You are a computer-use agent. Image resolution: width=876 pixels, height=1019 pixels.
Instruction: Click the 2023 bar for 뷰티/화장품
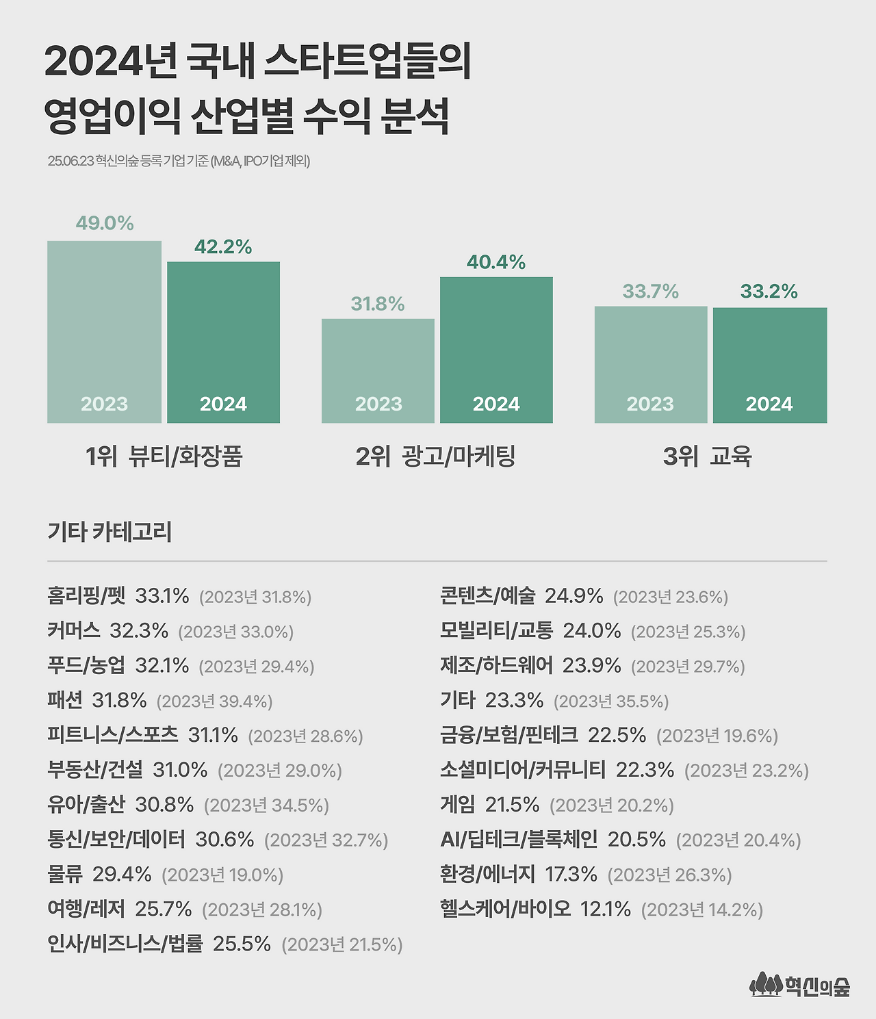point(104,332)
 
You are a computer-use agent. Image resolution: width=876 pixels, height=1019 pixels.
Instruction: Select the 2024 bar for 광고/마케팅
point(496,349)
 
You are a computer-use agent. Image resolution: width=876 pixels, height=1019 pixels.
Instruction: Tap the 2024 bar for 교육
point(770,365)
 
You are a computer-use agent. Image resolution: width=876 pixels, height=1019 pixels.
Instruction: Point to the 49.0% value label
point(105,223)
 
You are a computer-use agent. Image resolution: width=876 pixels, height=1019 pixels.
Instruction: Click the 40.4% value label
point(496,262)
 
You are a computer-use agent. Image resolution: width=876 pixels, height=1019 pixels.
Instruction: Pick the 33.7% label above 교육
point(650,292)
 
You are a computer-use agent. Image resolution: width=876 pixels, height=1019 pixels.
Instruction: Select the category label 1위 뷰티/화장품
point(164,456)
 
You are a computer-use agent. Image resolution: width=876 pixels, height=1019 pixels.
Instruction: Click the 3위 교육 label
point(707,456)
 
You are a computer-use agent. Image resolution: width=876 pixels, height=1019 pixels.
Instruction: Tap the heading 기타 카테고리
point(109,532)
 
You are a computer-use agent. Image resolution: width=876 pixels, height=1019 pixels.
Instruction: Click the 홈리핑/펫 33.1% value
point(162,596)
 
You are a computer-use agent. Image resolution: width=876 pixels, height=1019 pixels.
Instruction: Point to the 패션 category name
point(65,700)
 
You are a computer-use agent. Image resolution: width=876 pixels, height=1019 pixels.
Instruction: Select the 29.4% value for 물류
point(122,874)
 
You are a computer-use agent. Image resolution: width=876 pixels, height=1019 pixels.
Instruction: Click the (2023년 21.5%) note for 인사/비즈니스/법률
point(342,944)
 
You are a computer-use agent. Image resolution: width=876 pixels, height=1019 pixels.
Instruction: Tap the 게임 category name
point(457,805)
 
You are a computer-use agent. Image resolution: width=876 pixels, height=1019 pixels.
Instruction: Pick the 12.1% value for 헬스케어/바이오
point(606,909)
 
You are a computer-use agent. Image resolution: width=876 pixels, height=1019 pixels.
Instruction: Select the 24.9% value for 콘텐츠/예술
point(574,596)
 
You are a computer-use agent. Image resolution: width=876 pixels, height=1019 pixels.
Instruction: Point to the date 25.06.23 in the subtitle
point(70,162)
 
